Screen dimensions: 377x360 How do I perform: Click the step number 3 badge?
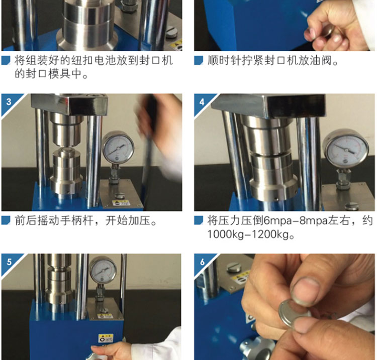pyautogui.click(x=9, y=102)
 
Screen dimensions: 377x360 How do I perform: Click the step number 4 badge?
pyautogui.click(x=202, y=102)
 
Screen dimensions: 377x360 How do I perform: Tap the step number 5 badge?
pyautogui.click(x=9, y=262)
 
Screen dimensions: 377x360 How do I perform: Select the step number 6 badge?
pyautogui.click(x=202, y=262)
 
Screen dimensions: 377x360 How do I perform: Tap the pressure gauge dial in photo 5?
pyautogui.click(x=103, y=270)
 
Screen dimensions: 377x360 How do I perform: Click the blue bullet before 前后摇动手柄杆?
pyautogui.click(x=6, y=220)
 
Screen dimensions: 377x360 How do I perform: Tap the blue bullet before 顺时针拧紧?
pyautogui.click(x=199, y=60)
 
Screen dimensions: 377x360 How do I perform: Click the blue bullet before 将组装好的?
pyautogui.click(x=6, y=60)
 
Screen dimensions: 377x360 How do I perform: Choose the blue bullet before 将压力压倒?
pyautogui.click(x=199, y=220)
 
